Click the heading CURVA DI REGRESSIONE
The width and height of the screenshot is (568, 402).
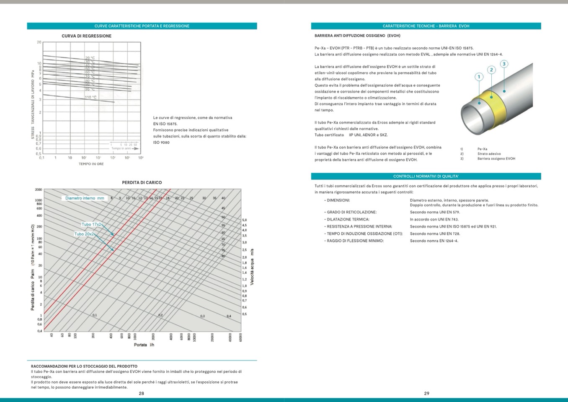coord(86,36)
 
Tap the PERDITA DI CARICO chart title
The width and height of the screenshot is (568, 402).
coord(142,182)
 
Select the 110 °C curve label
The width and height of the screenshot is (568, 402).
coord(90,97)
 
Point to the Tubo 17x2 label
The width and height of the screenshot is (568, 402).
coord(91,224)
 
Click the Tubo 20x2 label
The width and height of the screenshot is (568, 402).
coord(84,234)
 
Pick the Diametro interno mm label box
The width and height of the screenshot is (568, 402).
coord(85,198)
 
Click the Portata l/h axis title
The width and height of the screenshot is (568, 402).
coord(144,345)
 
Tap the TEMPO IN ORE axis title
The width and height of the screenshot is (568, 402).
coord(91,164)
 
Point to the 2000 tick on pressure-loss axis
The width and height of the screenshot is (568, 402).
coord(38,190)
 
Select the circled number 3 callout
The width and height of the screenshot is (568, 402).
coord(504,64)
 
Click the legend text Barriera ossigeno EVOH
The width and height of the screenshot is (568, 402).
coord(496,159)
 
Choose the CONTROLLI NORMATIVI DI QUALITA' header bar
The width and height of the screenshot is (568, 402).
coord(426,176)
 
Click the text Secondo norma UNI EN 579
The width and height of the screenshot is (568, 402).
coord(429,212)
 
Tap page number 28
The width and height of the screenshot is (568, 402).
coord(142,393)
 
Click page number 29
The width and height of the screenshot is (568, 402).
coord(426,393)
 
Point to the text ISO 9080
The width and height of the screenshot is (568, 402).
coord(161,143)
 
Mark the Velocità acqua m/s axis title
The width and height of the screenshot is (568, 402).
coord(252,267)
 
